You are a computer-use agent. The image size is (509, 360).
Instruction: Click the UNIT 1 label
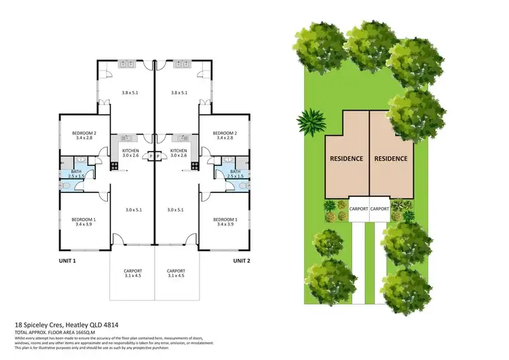[65, 261]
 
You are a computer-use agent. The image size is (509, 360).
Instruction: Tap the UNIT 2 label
[244, 261]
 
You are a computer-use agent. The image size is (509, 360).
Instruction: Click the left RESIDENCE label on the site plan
[346, 158]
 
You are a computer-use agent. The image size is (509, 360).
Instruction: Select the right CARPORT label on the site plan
[380, 209]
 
